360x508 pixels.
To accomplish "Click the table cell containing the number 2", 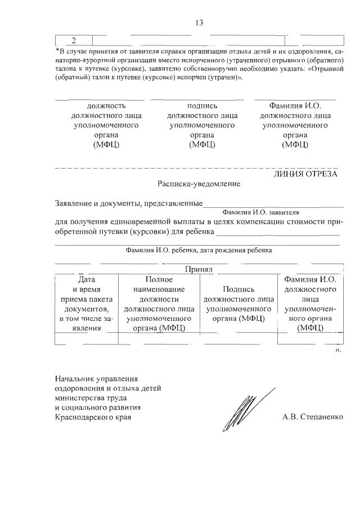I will coord(74,40).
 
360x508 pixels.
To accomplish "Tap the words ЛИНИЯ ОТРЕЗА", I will coord(305,174).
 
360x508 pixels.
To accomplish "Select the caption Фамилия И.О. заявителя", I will coord(260,212).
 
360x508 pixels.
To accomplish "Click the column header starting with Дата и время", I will coord(87,303).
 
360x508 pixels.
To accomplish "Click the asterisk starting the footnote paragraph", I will coord(57,51).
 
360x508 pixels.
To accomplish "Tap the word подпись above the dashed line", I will coord(202,105).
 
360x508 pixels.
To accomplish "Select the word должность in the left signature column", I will coord(106,105).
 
